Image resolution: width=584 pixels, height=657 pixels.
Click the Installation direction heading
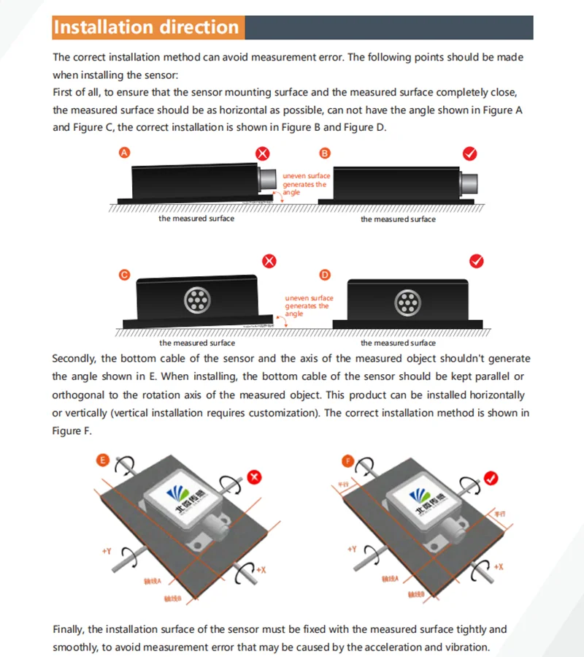tap(146, 28)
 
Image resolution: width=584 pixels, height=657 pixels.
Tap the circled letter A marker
tap(124, 153)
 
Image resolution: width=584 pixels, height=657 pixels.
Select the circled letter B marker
tap(325, 153)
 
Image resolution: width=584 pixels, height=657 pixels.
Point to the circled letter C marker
tap(124, 275)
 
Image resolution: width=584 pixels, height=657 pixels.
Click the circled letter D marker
tap(325, 275)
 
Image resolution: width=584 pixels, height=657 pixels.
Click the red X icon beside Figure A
tap(263, 153)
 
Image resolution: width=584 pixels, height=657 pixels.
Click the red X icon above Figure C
tap(269, 261)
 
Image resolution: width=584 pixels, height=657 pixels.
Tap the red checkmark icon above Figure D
tap(477, 261)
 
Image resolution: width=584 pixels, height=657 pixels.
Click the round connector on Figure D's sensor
tap(404, 303)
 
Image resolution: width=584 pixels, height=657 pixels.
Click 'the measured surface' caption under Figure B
tap(398, 219)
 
